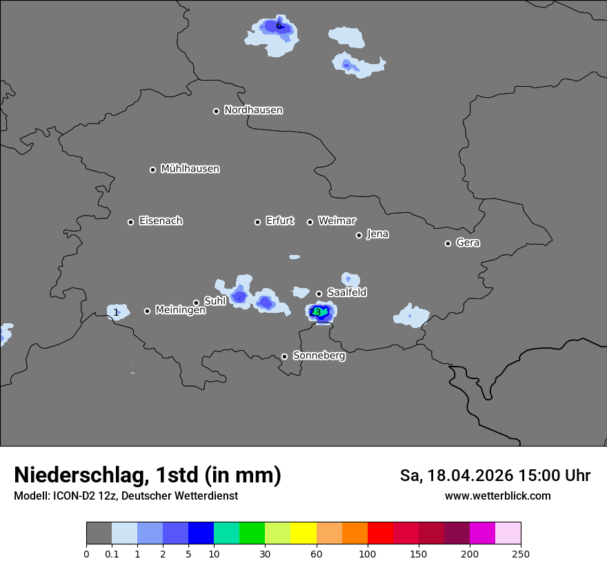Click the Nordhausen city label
point(253,110)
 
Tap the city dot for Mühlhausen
point(153,170)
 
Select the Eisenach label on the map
point(161,221)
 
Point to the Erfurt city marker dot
point(258,222)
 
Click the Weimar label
point(337,221)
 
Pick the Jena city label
point(377,234)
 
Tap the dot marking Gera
point(448,243)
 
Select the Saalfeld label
point(347,293)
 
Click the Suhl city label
point(215,301)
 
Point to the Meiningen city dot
point(147,311)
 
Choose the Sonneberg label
point(319,356)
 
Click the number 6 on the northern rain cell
point(279,26)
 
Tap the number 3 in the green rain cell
point(317,312)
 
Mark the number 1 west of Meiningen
point(116,312)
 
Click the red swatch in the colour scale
point(380,533)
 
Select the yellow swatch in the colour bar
point(303,533)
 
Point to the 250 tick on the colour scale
point(521,553)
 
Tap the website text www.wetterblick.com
point(497,496)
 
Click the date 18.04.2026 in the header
point(469,476)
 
